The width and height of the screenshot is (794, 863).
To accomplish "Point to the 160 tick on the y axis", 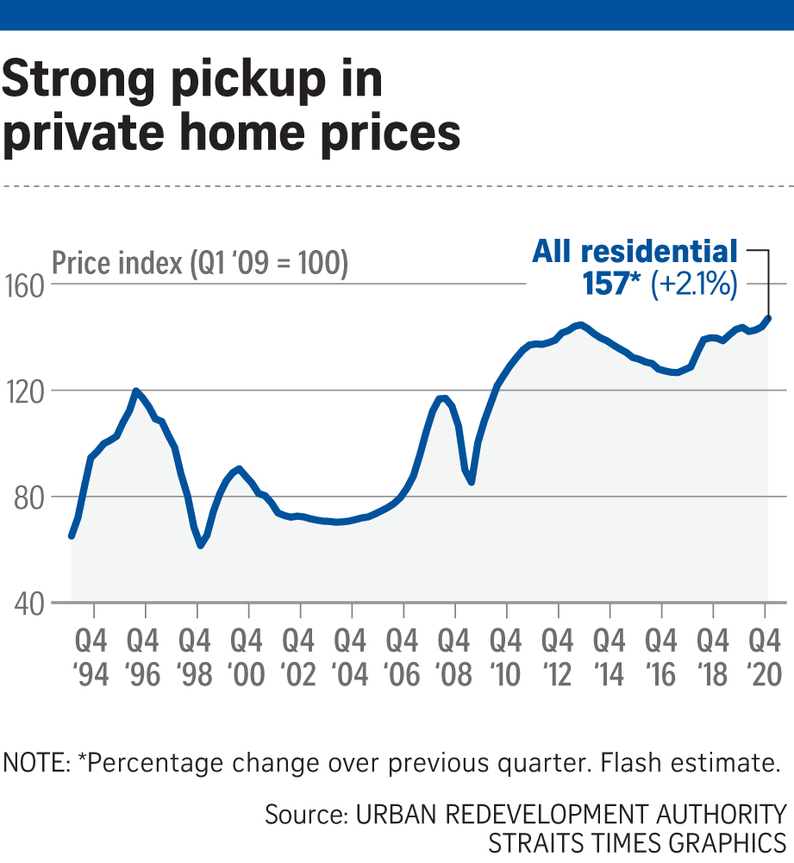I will (26, 285).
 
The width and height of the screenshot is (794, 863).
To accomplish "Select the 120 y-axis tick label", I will (25, 391).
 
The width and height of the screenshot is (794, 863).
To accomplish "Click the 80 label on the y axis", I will (26, 497).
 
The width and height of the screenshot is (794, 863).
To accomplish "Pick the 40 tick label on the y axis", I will (26, 603).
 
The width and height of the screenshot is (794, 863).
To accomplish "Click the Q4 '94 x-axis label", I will (92, 658).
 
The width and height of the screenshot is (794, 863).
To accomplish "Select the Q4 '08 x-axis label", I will (454, 658).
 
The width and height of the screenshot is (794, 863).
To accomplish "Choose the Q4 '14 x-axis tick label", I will (610, 658).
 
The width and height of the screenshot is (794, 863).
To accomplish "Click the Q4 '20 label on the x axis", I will (765, 658).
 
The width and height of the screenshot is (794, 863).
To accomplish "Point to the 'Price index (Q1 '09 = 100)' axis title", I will (200, 263).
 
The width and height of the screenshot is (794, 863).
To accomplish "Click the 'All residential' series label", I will (635, 251).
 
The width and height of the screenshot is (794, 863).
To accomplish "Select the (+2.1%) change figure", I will (695, 285).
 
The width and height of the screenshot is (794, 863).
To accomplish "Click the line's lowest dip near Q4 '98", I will (200, 545).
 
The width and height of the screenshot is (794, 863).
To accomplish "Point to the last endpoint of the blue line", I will (768, 317).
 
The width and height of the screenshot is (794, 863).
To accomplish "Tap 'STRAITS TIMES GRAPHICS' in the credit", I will (637, 841).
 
